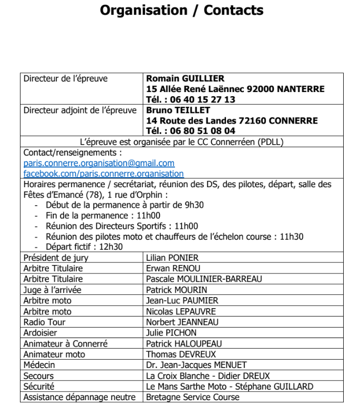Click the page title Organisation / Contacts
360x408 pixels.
pos(181,11)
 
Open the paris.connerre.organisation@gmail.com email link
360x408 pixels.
pos(99,163)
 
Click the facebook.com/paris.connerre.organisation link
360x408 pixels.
pos(104,174)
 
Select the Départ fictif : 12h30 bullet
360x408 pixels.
pos(84,247)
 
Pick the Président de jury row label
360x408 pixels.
pos(56,258)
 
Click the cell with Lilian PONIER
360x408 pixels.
pos(172,258)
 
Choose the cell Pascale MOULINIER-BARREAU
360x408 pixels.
pos(204,279)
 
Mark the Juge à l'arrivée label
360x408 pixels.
pos(53,290)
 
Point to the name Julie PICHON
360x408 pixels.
pos(171,332)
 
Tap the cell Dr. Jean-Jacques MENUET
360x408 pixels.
pos(197,365)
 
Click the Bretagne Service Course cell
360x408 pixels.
pos(193,397)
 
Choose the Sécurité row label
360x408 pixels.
pos(39,386)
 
